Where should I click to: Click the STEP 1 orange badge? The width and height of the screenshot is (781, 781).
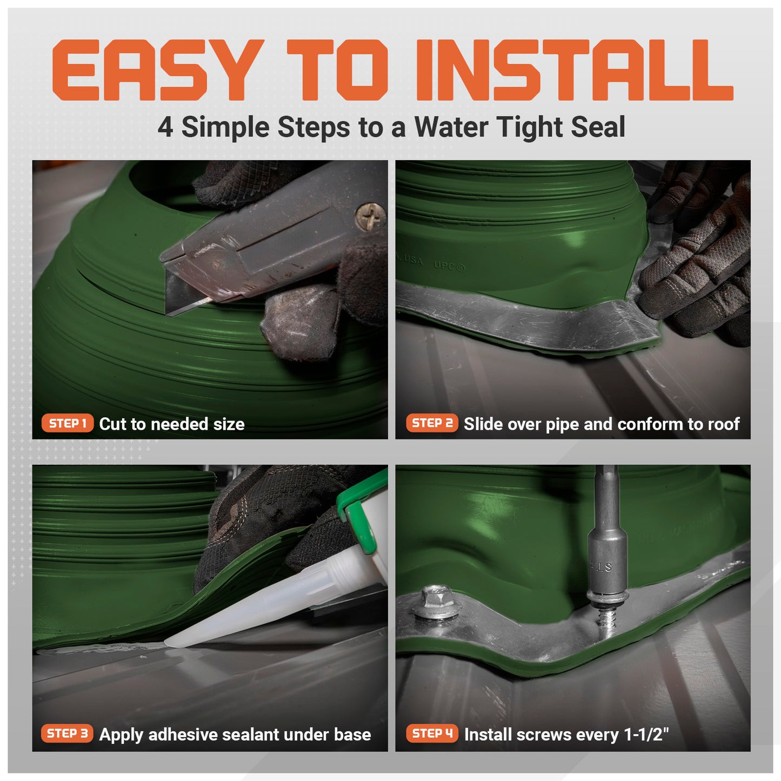coord(68,423)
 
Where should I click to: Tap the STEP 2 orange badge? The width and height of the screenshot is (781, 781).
coord(432,423)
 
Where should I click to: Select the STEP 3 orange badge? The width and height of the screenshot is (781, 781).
coord(67,733)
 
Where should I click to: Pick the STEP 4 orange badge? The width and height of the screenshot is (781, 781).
coord(432,733)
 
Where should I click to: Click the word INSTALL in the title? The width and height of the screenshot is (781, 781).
coord(573,70)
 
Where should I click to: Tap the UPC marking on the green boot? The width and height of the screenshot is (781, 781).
coord(449,266)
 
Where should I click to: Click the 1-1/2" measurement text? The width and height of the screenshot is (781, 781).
coord(646,735)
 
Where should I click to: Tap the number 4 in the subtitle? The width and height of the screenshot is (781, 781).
coord(165,128)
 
